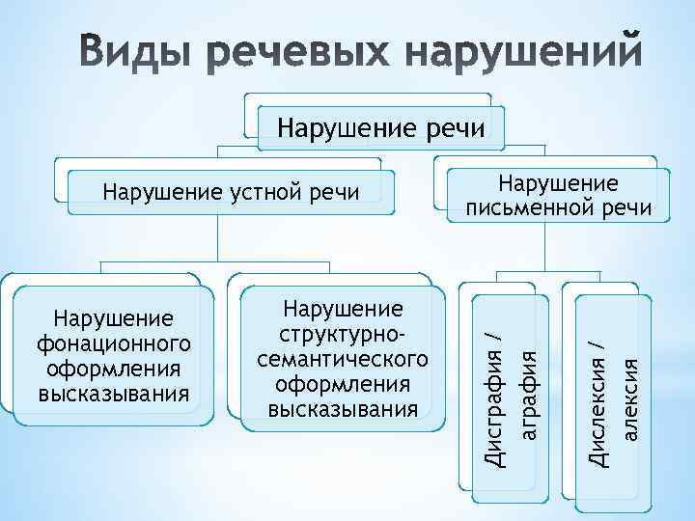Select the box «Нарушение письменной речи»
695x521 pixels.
(x=557, y=196)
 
